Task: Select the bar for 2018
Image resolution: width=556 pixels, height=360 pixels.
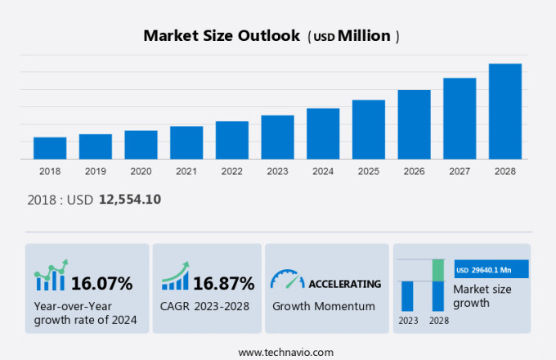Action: coord(50,148)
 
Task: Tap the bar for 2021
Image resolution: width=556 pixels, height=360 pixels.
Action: coord(186,142)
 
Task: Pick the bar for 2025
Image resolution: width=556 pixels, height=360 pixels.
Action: coord(369,129)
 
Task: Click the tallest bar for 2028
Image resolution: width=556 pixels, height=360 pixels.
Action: coord(505,111)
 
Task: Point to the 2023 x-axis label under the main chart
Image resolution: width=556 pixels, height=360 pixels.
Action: coord(277,171)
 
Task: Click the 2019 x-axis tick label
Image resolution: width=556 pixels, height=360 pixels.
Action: coord(96,171)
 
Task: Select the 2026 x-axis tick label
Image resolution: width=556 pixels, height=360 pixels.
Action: coord(414,171)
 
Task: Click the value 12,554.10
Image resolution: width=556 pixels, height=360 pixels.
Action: coord(131,199)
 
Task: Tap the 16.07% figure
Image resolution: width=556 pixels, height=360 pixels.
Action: coord(101,284)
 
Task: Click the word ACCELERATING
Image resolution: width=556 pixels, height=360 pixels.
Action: coord(344,284)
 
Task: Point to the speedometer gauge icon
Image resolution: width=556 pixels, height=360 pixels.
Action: coord(287,280)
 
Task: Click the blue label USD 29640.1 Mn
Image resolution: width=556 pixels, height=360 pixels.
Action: coord(491,269)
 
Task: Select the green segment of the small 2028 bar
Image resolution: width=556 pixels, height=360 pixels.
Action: coord(438,270)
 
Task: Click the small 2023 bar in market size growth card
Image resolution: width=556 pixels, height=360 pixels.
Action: coord(407,295)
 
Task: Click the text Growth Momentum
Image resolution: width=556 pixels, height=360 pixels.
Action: coord(324,306)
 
